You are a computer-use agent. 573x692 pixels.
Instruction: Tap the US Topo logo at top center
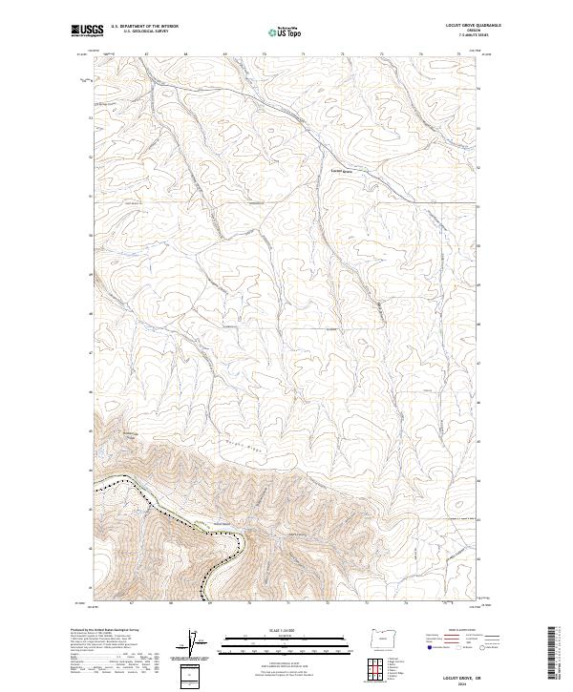coord(280,31)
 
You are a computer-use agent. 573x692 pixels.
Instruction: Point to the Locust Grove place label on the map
coord(342,172)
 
